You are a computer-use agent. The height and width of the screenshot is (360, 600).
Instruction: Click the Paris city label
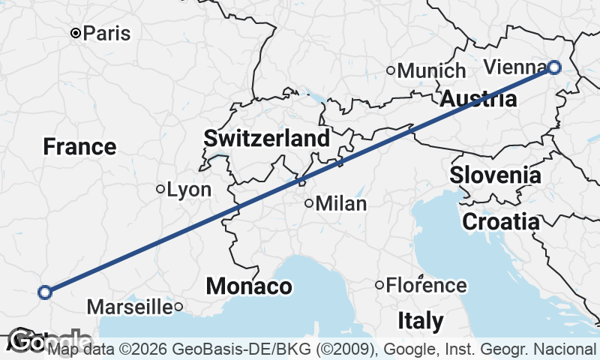click(x=106, y=34)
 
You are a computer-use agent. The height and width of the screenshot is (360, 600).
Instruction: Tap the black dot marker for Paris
click(x=76, y=34)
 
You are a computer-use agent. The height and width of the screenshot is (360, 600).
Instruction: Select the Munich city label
click(x=431, y=71)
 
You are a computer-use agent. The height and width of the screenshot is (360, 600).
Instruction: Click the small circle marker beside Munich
click(x=391, y=71)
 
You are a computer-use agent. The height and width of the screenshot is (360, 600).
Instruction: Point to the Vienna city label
click(x=515, y=67)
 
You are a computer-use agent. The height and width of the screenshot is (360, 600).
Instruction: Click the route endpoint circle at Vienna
click(x=553, y=67)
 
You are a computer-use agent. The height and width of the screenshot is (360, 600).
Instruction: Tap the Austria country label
click(x=478, y=98)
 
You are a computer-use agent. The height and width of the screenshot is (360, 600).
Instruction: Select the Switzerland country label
click(x=266, y=138)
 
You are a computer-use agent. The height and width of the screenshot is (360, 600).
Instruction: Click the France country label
click(x=79, y=147)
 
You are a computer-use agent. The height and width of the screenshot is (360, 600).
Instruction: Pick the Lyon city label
click(x=189, y=190)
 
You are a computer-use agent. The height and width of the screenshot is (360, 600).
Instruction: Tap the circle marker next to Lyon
click(x=160, y=189)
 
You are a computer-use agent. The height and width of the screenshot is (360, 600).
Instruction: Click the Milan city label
click(x=341, y=203)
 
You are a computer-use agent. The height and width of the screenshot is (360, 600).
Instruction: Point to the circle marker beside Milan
click(x=309, y=203)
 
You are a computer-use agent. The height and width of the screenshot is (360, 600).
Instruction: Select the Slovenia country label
click(x=495, y=175)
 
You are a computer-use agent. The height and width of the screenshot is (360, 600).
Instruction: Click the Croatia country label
click(x=500, y=222)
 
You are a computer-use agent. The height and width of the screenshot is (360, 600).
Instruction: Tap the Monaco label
click(x=249, y=286)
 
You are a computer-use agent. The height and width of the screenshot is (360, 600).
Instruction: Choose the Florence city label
click(x=426, y=286)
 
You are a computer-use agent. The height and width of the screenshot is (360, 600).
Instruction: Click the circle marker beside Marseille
click(x=178, y=307)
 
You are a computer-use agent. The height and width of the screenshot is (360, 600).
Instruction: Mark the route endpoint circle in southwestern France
click(x=45, y=292)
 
